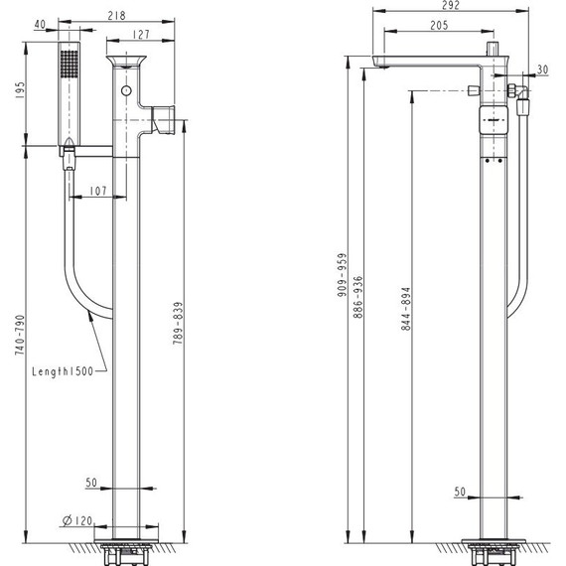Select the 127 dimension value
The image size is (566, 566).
pos(142,34)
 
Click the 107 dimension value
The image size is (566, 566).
pos(98,191)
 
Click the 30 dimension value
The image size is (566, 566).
pos(541,70)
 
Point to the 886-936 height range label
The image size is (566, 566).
pos(360,295)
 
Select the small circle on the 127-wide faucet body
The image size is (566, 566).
pos(127,91)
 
